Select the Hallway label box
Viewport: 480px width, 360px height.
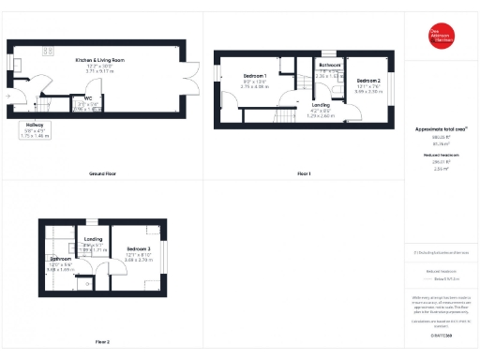tap(36, 129)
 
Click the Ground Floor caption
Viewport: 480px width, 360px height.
tap(102, 174)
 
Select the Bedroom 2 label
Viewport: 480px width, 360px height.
tap(367, 81)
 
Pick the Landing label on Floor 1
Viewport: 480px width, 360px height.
tap(321, 104)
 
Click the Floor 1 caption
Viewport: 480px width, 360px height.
tap(304, 174)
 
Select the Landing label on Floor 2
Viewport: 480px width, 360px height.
tap(93, 240)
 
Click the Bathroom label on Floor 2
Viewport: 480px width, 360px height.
tap(61, 258)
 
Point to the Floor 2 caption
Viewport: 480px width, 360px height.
tap(102, 341)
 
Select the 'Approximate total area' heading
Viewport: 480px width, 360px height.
tap(441, 128)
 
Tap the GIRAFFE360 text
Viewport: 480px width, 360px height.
tap(441, 335)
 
